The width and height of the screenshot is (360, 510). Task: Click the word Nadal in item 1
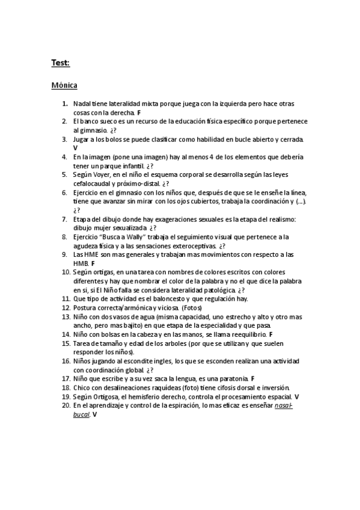82,104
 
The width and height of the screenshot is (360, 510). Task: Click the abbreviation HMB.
81,263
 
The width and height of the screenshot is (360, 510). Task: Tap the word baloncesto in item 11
170,298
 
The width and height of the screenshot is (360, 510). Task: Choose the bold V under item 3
76,147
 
